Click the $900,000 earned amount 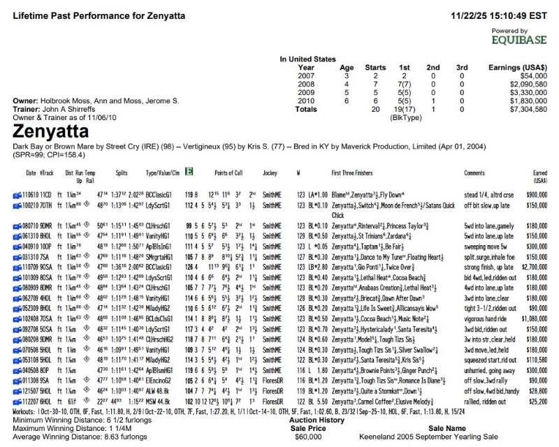535,191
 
